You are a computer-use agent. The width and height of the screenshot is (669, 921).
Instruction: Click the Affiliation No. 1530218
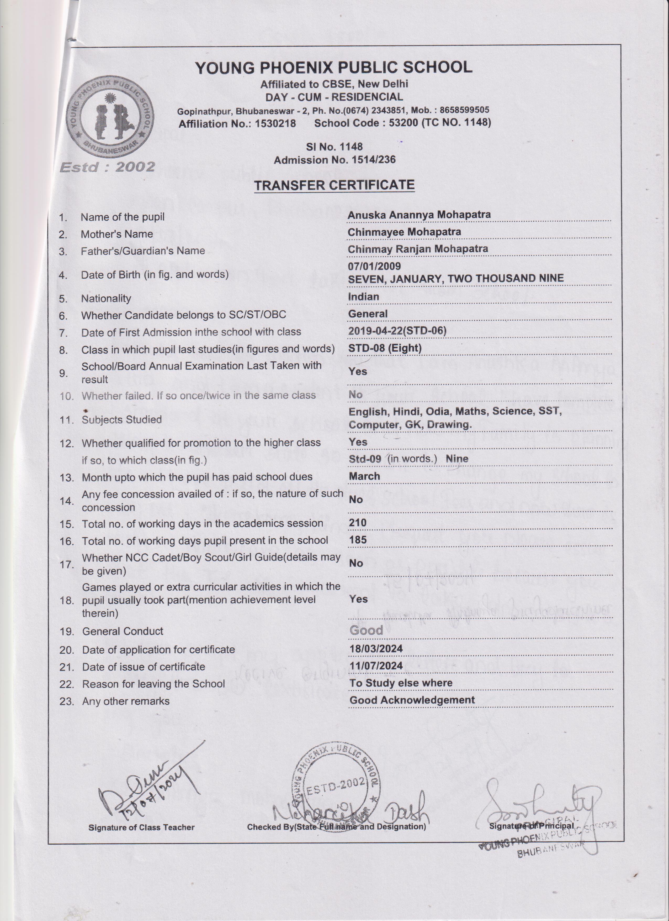click(x=237, y=123)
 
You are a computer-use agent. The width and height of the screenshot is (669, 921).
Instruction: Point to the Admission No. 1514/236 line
click(x=334, y=160)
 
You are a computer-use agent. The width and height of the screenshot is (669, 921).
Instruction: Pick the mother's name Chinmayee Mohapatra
click(x=404, y=232)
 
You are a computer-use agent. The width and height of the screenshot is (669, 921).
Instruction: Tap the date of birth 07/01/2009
click(x=374, y=266)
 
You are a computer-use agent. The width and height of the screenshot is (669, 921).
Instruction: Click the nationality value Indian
click(x=364, y=297)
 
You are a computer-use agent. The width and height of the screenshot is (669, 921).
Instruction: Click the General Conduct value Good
click(x=366, y=630)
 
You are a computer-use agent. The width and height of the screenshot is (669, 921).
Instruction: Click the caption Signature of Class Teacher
click(x=142, y=827)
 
